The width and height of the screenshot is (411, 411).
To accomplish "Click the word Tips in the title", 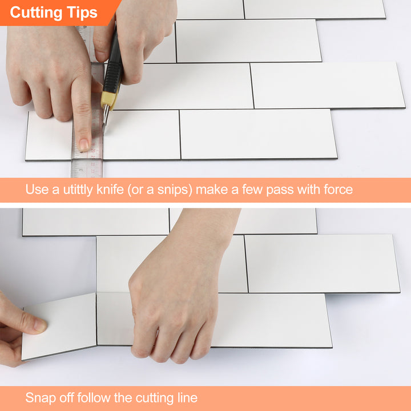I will pyautogui.click(x=81, y=13).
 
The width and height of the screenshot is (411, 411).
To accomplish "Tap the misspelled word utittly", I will pyautogui.click(x=76, y=190).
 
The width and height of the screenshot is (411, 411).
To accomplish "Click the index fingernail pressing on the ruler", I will pyautogui.click(x=84, y=144).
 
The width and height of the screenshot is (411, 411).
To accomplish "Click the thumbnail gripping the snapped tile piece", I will pyautogui.click(x=39, y=325).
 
